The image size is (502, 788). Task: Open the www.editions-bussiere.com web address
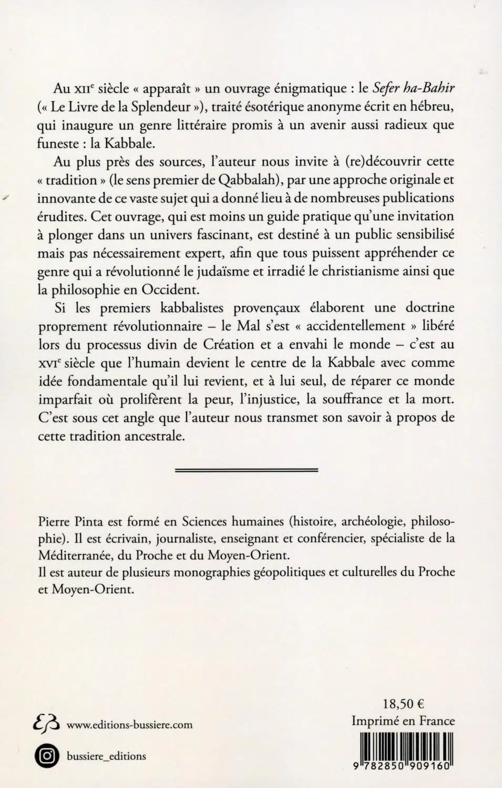click(130, 725)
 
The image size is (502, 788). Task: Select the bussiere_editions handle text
click(107, 756)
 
